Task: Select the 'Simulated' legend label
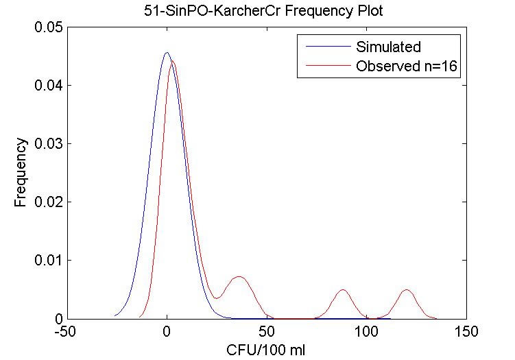(x=388, y=47)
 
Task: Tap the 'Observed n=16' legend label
(x=407, y=67)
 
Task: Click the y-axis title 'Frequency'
(x=22, y=173)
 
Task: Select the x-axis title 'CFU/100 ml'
(x=266, y=349)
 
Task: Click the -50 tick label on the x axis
(x=67, y=331)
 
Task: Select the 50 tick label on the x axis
(x=267, y=331)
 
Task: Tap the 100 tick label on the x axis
(x=367, y=331)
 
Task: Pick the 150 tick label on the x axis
(x=467, y=331)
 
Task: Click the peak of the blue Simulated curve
(x=167, y=53)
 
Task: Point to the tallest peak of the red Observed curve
(x=173, y=62)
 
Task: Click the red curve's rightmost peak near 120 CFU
(x=407, y=290)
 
